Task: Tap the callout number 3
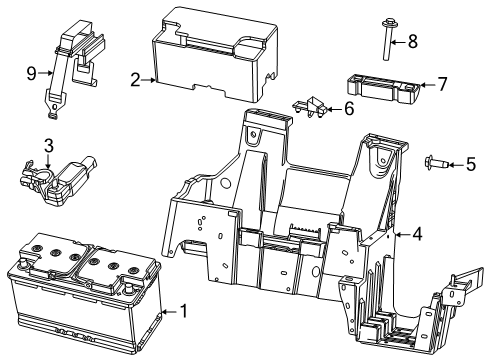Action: [x=48, y=145]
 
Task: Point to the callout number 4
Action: [x=418, y=234]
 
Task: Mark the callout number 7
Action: [x=443, y=85]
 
